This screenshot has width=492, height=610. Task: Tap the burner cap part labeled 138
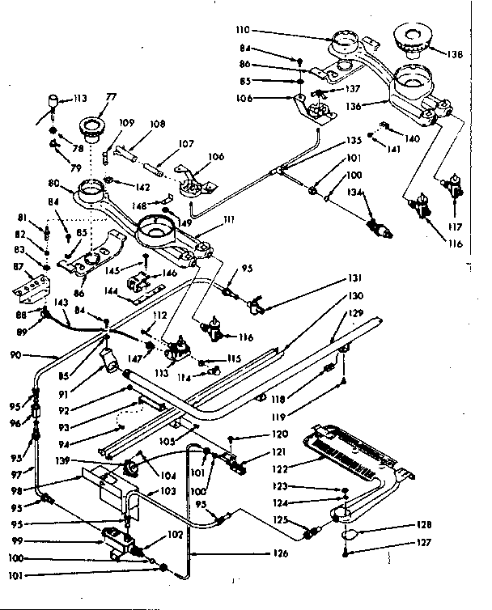[x=413, y=38]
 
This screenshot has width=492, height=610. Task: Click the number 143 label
[x=59, y=302]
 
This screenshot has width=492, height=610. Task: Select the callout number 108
[x=156, y=124]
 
